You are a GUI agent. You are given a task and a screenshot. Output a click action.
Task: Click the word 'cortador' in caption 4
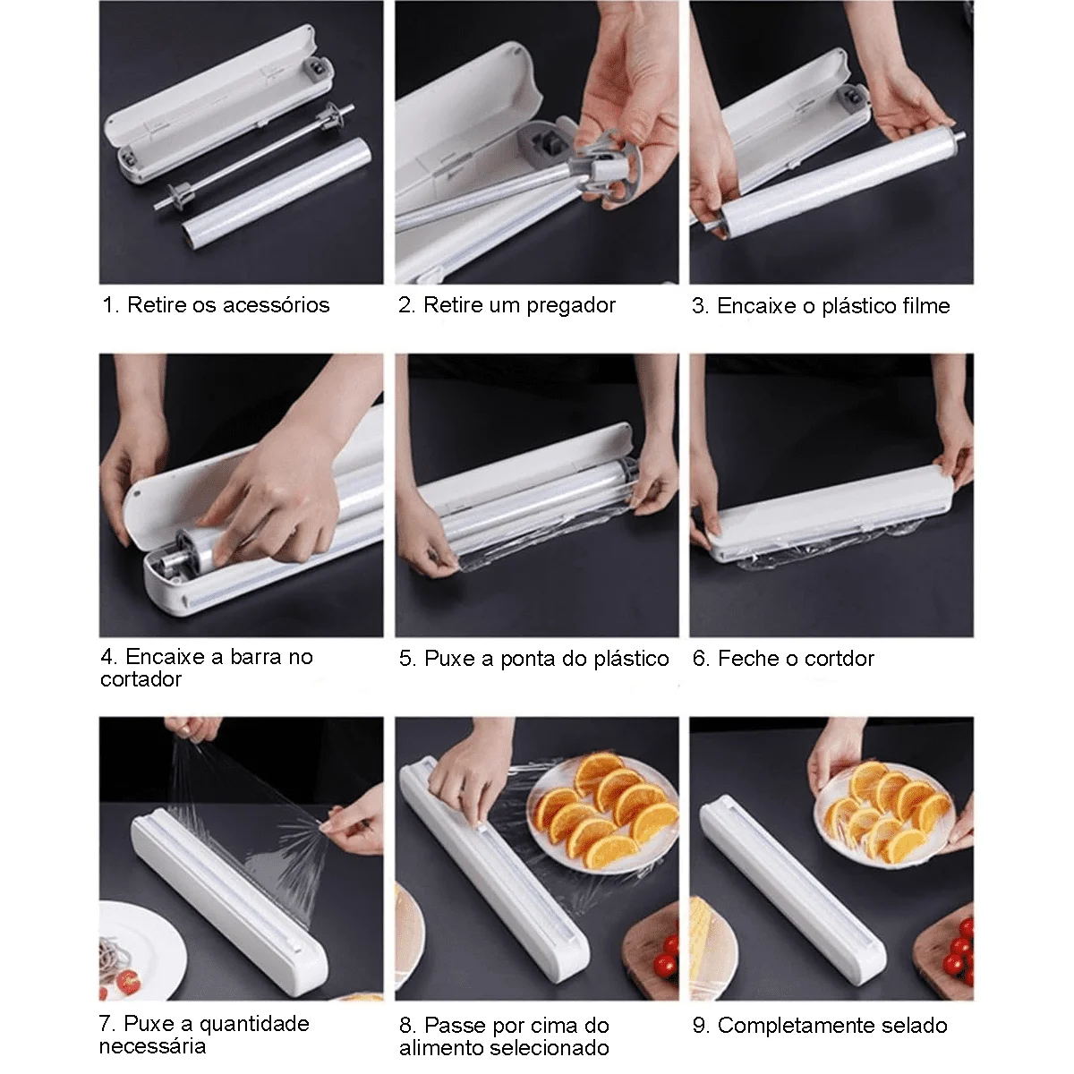tap(141, 679)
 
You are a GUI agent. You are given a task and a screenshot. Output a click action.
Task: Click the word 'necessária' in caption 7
tap(152, 1046)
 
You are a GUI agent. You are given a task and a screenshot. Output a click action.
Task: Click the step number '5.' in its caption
tap(408, 659)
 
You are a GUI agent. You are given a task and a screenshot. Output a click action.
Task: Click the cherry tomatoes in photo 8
tap(665, 964)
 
